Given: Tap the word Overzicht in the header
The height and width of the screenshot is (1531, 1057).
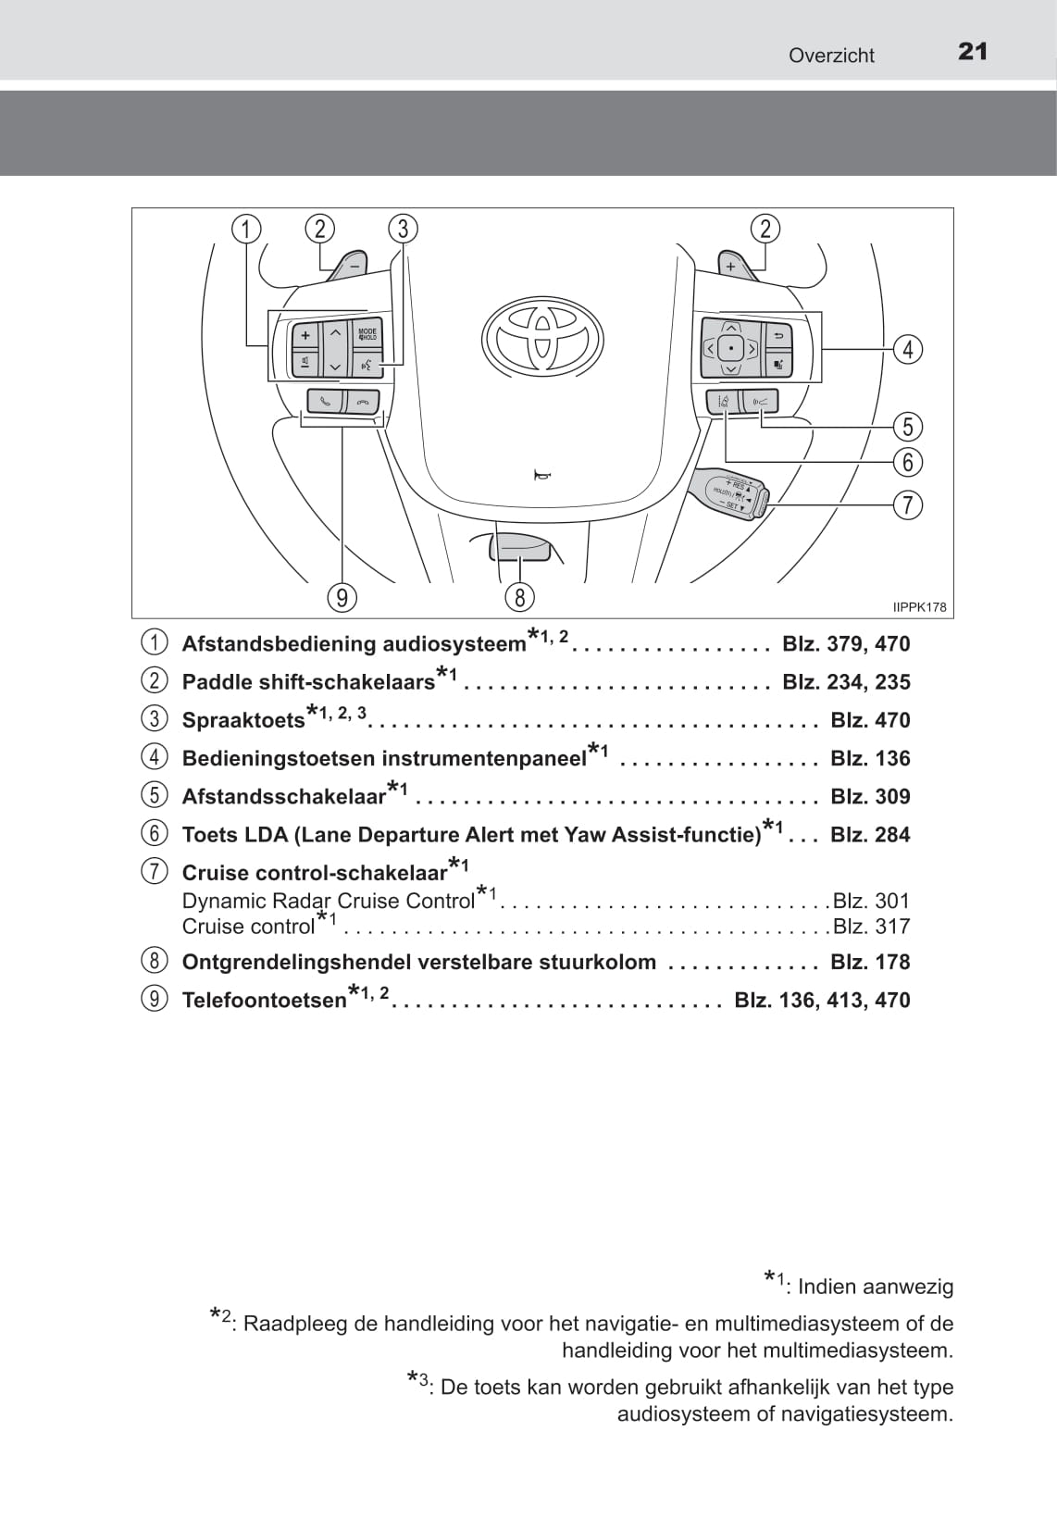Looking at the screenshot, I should (831, 56).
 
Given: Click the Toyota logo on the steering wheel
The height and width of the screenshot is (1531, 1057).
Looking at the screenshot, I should (542, 338).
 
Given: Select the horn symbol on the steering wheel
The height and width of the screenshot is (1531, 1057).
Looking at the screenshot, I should (541, 476).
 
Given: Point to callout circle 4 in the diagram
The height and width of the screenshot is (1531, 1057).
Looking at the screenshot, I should (908, 349).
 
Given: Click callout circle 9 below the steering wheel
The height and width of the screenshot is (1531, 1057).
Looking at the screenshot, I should (342, 598).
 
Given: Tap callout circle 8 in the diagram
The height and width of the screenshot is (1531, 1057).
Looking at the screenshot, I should (519, 598).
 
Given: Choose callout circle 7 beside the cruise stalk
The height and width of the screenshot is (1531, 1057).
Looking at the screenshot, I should (908, 504).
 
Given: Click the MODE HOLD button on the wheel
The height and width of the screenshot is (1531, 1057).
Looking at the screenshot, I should (367, 333).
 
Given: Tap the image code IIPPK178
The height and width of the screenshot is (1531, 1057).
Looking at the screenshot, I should (919, 607).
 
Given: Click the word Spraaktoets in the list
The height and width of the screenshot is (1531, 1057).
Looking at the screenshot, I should (242, 720).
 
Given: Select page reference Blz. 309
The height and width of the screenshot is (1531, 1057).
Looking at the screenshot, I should (870, 796).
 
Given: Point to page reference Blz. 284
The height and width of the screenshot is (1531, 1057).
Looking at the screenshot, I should (870, 834).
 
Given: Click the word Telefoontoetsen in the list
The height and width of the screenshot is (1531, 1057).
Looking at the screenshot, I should (264, 1001).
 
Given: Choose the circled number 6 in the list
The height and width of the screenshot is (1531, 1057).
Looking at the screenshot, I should (155, 833).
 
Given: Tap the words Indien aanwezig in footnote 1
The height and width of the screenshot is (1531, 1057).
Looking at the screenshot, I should (875, 1287).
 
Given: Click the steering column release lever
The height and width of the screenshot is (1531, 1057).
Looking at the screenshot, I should (520, 548).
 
